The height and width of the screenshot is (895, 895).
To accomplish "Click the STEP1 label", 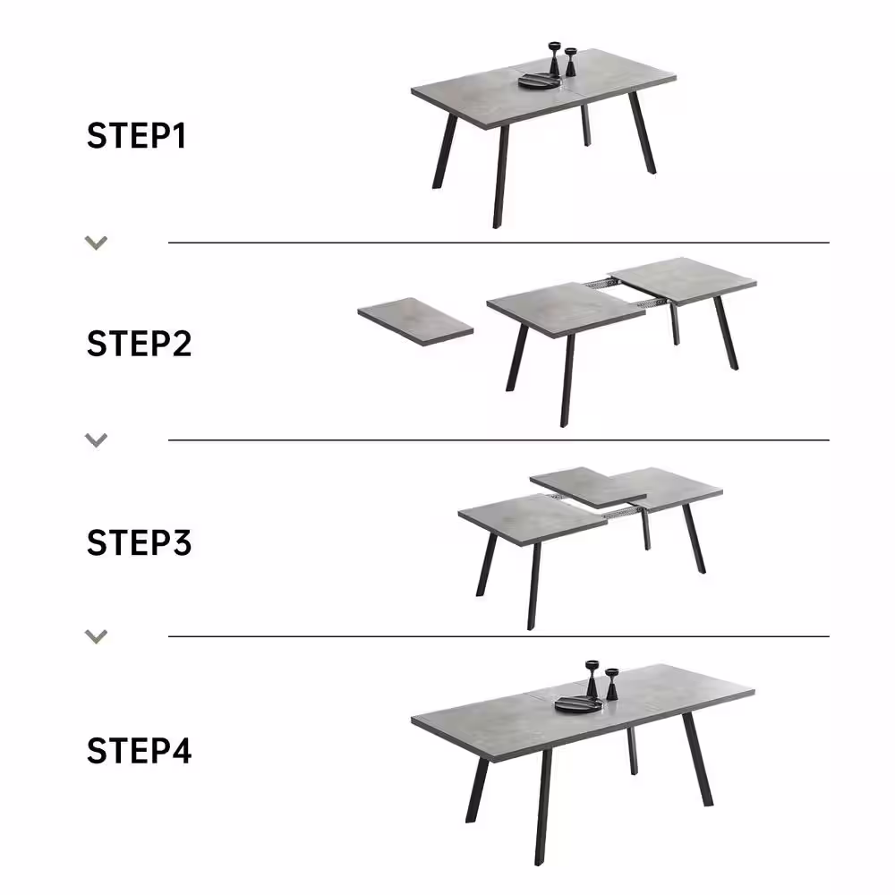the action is click(136, 135).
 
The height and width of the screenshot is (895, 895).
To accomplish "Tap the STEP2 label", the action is click(139, 344).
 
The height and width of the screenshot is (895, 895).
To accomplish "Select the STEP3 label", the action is click(139, 542).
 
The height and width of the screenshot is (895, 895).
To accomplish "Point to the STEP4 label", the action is click(139, 750).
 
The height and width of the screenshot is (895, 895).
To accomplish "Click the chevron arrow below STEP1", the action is click(96, 243).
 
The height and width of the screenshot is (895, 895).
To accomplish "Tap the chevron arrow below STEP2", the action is click(96, 440).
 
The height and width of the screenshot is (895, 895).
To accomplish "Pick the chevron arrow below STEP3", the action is click(96, 636).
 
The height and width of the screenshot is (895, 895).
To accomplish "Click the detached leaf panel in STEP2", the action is click(415, 320).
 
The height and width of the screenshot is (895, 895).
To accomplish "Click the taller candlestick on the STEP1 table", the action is click(555, 58).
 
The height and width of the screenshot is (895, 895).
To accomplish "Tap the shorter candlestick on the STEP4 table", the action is click(612, 685).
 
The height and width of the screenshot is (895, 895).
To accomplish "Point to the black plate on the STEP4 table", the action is click(579, 703).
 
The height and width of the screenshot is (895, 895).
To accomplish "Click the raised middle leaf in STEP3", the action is click(588, 487).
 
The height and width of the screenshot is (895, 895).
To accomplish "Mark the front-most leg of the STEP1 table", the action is click(500, 177).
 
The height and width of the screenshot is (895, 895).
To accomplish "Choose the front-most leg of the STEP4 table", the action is click(543, 807).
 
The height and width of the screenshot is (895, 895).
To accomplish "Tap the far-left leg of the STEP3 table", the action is click(486, 565).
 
